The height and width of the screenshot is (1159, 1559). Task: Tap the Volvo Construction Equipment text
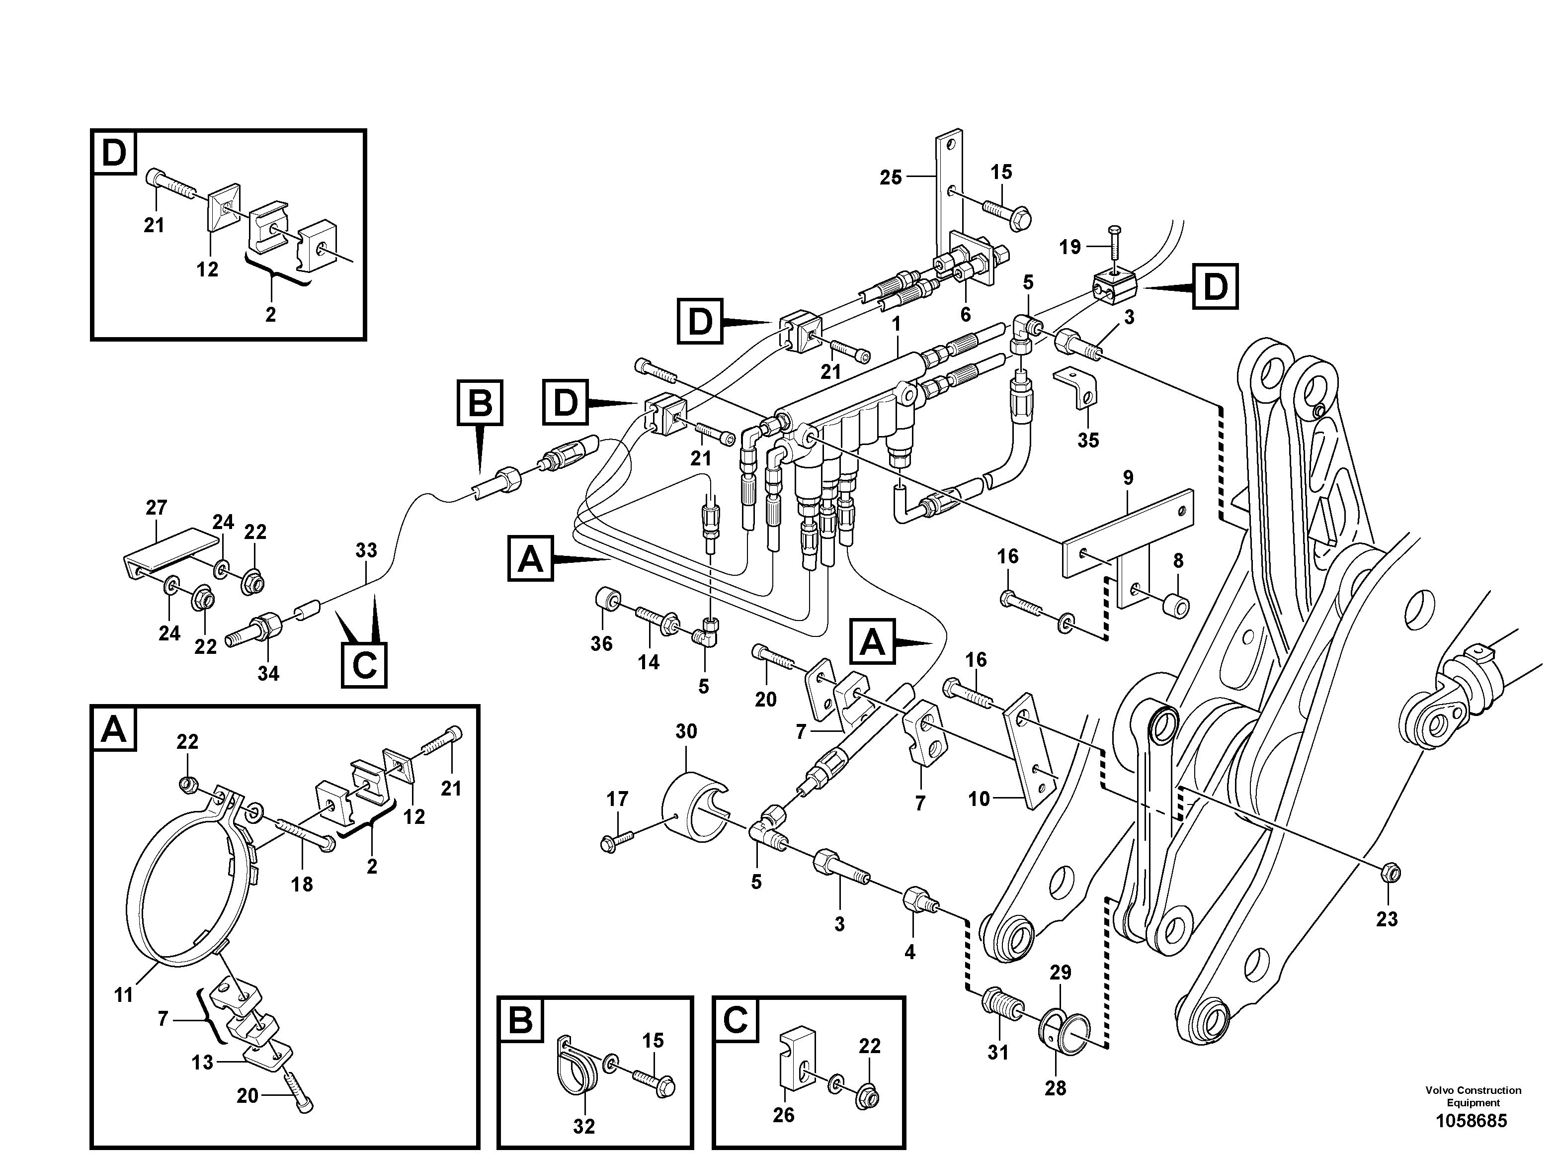pyautogui.click(x=1473, y=1096)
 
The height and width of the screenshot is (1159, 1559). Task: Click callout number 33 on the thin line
pyautogui.click(x=366, y=551)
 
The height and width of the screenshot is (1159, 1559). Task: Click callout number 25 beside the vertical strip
pyautogui.click(x=891, y=178)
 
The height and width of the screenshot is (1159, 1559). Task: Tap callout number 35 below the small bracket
pyautogui.click(x=1088, y=441)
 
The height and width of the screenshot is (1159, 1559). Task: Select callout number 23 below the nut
pyautogui.click(x=1387, y=919)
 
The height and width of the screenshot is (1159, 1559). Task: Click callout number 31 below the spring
pyautogui.click(x=997, y=1053)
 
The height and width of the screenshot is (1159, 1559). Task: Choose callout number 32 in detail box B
pyautogui.click(x=583, y=1127)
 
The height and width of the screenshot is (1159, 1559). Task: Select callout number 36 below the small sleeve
pyautogui.click(x=601, y=643)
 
